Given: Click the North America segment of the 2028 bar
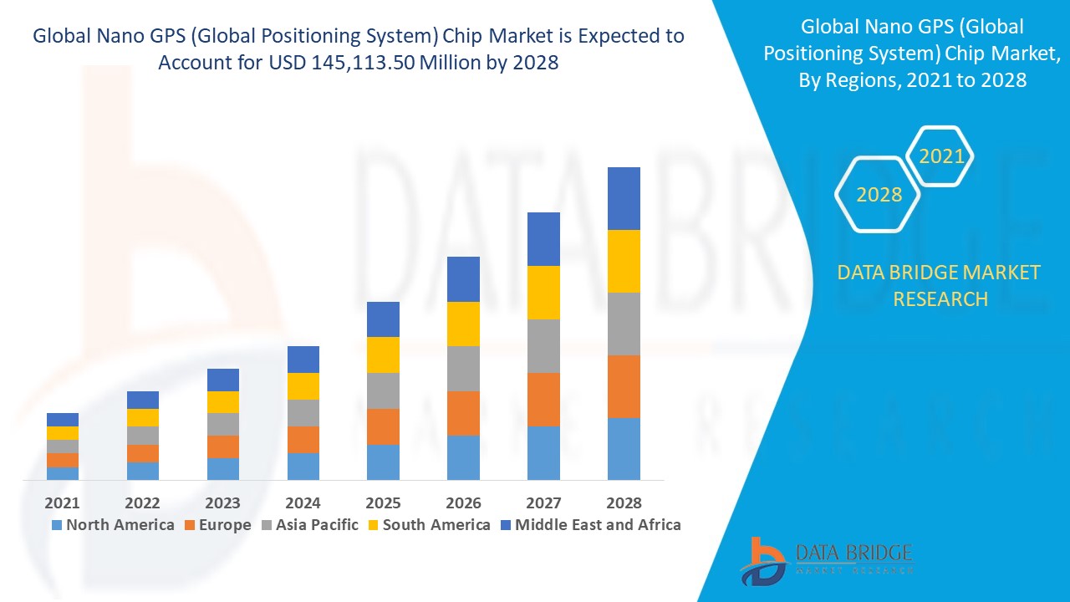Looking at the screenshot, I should (x=624, y=449).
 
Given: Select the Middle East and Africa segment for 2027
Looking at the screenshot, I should (x=543, y=239).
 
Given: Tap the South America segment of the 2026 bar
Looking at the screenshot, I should (x=463, y=324).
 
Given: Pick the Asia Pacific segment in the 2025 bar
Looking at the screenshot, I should (x=383, y=390).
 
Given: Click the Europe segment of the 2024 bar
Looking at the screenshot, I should (x=303, y=440).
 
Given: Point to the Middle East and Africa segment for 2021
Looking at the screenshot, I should (x=63, y=420).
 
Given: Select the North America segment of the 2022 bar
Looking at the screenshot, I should (x=143, y=471).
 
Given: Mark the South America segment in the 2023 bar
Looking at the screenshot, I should (x=222, y=402).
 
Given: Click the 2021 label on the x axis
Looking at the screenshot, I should (x=63, y=503).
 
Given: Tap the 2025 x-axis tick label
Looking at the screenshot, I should (x=383, y=503).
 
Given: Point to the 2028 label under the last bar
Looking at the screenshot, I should (x=624, y=503).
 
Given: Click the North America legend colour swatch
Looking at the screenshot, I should (x=57, y=525).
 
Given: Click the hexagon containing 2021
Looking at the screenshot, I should (x=941, y=156).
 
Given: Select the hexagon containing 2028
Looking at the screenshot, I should (x=879, y=194).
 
